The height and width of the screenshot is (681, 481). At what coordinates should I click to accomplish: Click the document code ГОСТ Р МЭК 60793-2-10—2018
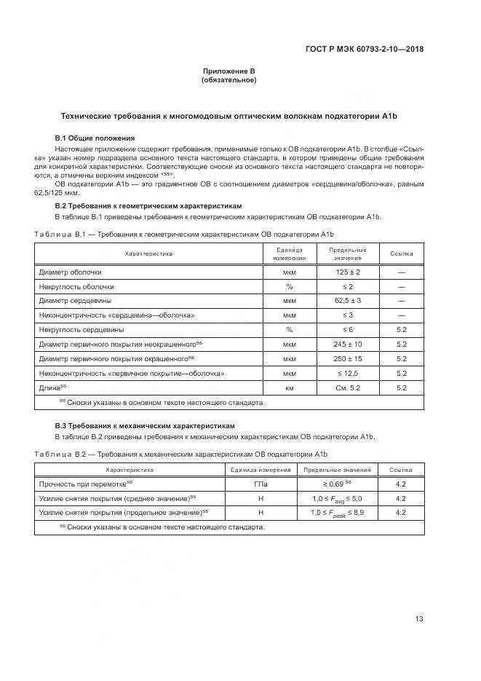pos(363,50)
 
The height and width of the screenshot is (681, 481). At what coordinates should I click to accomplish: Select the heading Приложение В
pos(228,71)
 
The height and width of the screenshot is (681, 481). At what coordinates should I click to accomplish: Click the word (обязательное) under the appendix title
pos(228,80)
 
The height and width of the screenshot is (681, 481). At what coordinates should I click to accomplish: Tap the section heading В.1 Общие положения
pos(95,138)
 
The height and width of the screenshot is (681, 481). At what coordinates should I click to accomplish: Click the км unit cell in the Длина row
pos(289,387)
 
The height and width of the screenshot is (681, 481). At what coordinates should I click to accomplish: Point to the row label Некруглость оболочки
pos(76,286)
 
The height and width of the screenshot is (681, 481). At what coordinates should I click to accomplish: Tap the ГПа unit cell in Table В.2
pos(261,484)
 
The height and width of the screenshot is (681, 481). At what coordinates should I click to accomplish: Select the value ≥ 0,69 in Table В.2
pos(336,484)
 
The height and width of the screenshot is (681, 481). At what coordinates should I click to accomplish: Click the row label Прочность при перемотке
pos(85,484)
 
